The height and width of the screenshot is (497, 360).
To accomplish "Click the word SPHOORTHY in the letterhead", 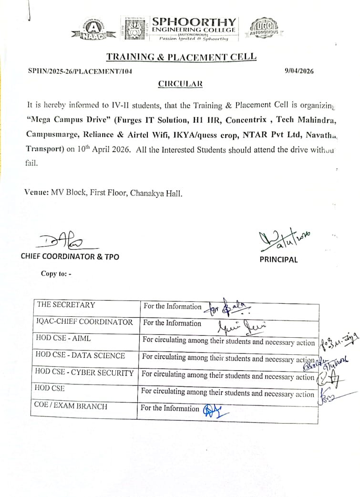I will tap(193, 22).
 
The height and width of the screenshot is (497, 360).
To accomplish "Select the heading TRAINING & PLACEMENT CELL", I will tap(181, 57).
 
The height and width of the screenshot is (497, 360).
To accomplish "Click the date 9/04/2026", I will tap(299, 71).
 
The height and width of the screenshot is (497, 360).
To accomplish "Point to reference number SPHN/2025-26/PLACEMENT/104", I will tap(80, 71).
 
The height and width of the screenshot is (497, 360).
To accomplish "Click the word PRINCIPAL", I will tap(278, 260).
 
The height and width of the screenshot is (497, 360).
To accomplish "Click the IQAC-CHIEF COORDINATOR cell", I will tap(84, 322).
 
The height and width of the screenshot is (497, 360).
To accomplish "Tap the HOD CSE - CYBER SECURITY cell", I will tap(84, 373).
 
